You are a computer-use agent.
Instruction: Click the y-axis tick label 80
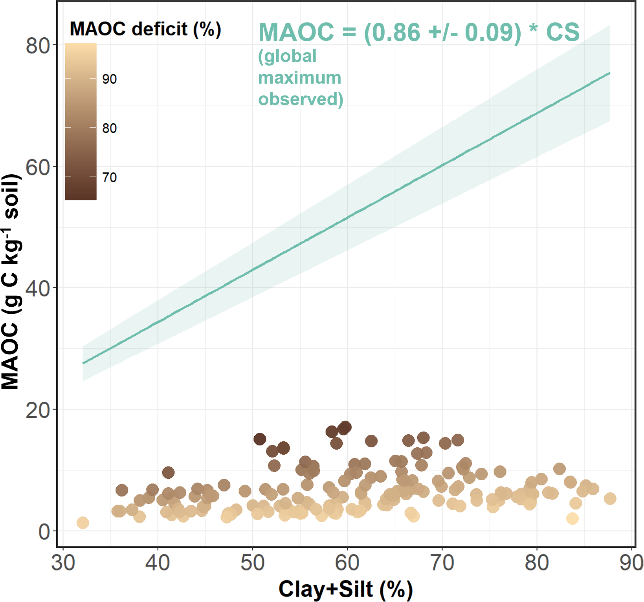point(38,46)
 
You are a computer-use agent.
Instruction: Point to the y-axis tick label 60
point(38,168)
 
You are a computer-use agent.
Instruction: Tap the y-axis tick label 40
point(38,289)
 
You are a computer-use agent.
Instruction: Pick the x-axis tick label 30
point(63,563)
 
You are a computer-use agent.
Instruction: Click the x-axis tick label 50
point(253,563)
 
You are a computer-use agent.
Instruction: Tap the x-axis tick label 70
point(442,563)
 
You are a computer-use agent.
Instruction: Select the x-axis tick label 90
point(631,563)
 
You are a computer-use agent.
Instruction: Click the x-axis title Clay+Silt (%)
point(345,589)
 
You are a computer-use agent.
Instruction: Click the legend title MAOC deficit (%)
point(145,29)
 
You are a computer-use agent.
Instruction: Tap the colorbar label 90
point(110,79)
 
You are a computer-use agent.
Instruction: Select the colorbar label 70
point(110,177)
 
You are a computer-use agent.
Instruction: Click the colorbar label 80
point(110,128)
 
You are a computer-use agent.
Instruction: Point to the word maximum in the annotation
point(299,78)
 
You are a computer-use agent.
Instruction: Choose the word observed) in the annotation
point(301,99)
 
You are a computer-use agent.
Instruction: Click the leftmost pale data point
point(83,523)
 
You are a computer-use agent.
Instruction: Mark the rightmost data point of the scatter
point(610,499)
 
